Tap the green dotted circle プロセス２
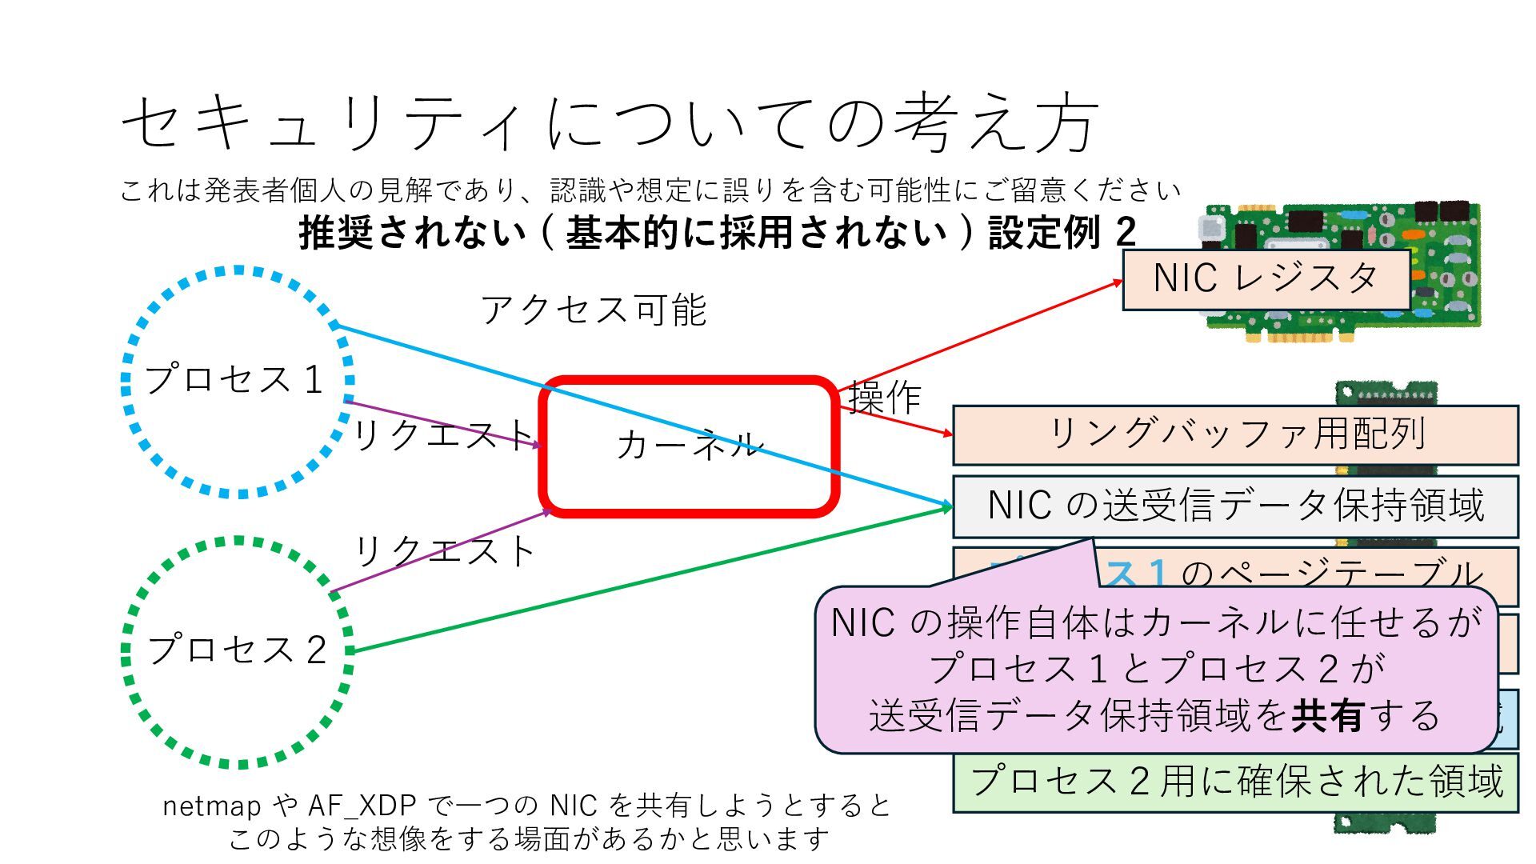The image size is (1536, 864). coord(237,650)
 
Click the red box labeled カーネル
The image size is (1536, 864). coord(689,446)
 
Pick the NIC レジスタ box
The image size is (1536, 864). coord(1266,279)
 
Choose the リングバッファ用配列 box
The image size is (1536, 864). coord(1235,434)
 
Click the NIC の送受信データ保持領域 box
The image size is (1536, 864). coord(1235,506)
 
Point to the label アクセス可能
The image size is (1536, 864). coord(594,310)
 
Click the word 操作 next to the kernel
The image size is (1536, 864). coord(885,397)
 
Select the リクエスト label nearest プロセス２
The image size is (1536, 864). coord(445,551)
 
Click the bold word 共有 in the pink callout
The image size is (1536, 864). coord(1327,715)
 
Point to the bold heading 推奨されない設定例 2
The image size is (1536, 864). coord(717,233)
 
